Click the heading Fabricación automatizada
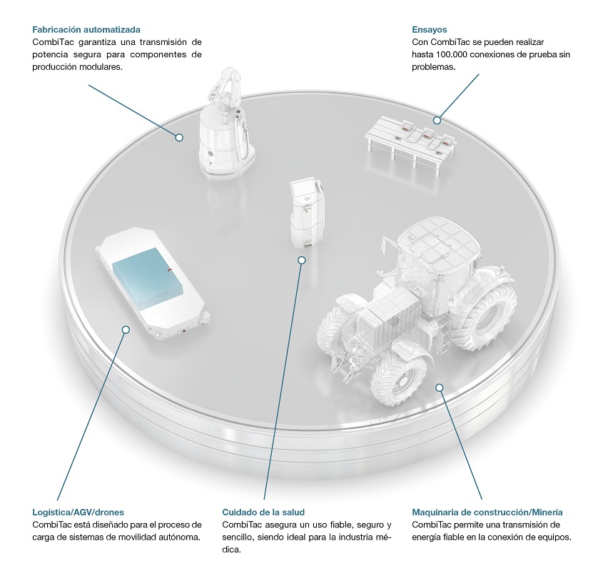(x=86, y=30)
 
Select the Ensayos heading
(x=430, y=30)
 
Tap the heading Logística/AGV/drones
(x=78, y=512)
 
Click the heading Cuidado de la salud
(x=263, y=512)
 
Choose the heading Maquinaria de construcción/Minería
(x=487, y=512)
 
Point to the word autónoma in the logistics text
(x=181, y=537)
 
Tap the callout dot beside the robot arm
(x=179, y=137)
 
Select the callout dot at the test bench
(x=437, y=121)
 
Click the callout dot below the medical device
(x=301, y=260)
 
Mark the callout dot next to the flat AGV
(x=126, y=330)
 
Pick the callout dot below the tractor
(x=440, y=388)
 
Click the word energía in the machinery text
(x=427, y=537)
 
